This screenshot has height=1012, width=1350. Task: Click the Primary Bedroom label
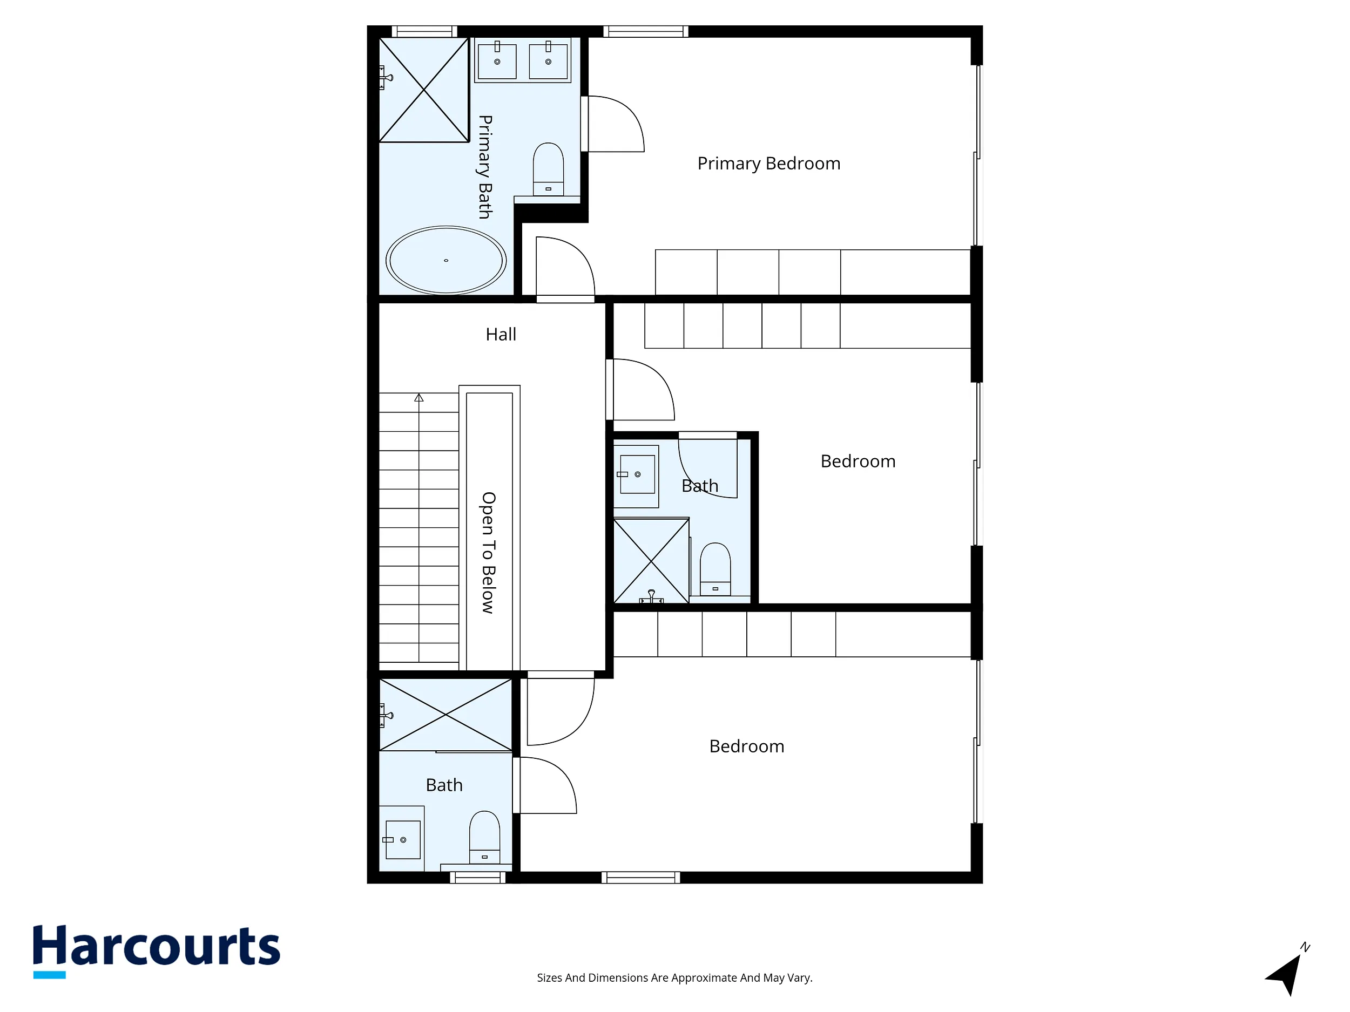pyautogui.click(x=769, y=164)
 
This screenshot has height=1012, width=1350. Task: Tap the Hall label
pyautogui.click(x=501, y=334)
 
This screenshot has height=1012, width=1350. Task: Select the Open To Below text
pyautogui.click(x=488, y=553)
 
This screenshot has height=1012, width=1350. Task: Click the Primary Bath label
pyautogui.click(x=485, y=167)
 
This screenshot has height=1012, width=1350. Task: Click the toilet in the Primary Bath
pyautogui.click(x=548, y=169)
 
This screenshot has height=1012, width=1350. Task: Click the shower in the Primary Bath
pyautogui.click(x=424, y=90)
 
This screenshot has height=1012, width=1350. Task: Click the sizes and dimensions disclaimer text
pyautogui.click(x=675, y=978)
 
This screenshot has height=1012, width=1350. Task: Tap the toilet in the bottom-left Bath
pyautogui.click(x=484, y=838)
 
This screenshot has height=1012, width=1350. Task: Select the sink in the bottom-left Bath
pyautogui.click(x=403, y=840)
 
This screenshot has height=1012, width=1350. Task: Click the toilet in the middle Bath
pyautogui.click(x=715, y=569)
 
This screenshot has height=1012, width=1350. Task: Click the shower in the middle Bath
pyautogui.click(x=651, y=561)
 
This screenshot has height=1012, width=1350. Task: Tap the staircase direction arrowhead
pyautogui.click(x=418, y=398)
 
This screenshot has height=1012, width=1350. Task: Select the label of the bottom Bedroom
pyautogui.click(x=747, y=746)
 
